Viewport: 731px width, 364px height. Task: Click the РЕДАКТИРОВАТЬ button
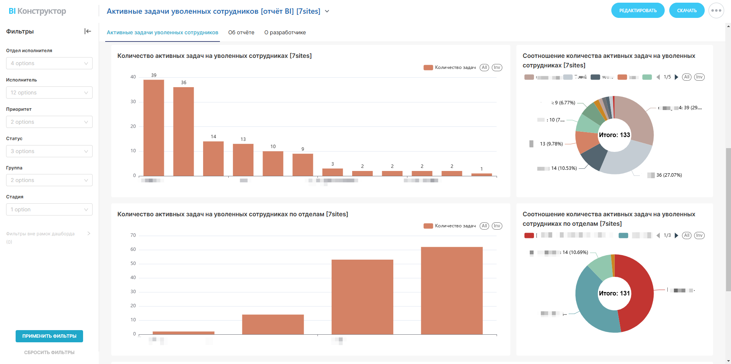[x=638, y=11]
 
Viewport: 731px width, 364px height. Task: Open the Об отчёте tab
[x=241, y=32]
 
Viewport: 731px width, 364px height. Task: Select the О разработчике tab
[x=285, y=32]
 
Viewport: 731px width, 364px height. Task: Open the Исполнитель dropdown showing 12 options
[x=49, y=93]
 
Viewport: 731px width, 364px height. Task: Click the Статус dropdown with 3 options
[x=49, y=151]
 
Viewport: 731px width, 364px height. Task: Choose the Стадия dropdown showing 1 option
[x=49, y=209]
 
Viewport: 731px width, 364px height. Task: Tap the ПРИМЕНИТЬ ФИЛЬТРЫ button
[x=49, y=336]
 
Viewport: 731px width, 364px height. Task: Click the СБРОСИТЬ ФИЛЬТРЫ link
[x=49, y=353]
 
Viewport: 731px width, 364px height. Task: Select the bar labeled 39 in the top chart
[x=154, y=128]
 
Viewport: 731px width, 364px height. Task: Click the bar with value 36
[x=183, y=131]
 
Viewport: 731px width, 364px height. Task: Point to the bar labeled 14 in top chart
[x=213, y=158]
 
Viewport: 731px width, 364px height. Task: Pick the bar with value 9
[x=303, y=164]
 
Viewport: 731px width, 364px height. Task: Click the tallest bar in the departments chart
[x=452, y=291]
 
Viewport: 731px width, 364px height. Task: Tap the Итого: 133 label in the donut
[x=614, y=135]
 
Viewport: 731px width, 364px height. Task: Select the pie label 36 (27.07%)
[x=669, y=175]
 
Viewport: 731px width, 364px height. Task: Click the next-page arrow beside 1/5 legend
[x=676, y=77]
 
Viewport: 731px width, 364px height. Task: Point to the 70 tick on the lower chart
[x=133, y=235]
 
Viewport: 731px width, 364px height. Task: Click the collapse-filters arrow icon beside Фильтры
[x=88, y=31]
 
